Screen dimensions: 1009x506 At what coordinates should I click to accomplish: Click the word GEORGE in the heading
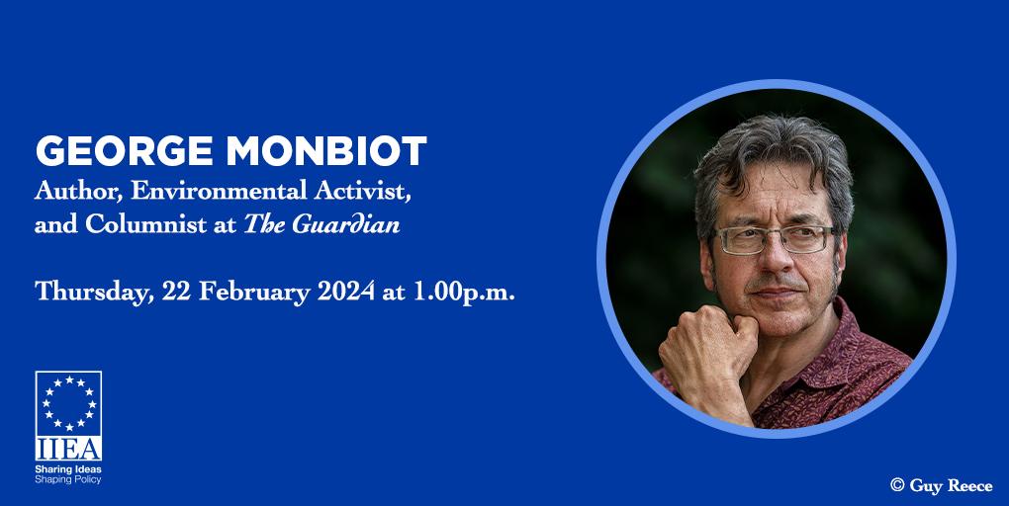click(125, 152)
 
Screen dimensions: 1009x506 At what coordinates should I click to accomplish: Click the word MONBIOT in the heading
click(326, 152)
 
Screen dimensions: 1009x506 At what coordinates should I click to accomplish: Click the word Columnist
click(146, 223)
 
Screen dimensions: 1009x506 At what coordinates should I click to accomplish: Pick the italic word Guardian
click(346, 223)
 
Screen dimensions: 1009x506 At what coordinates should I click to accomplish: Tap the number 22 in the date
click(176, 292)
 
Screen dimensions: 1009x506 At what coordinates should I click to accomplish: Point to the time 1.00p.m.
click(463, 293)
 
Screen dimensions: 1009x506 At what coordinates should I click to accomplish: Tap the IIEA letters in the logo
click(68, 449)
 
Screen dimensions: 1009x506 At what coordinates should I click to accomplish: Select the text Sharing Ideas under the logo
click(68, 469)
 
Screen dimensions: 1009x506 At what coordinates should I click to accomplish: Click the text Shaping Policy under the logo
click(68, 479)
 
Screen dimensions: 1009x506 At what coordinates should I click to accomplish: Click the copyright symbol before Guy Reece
click(897, 485)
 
